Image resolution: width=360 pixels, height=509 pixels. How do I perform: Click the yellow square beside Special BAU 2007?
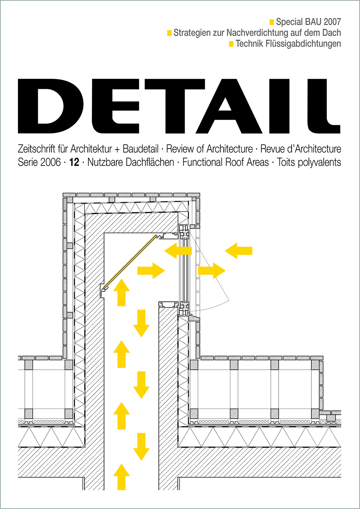(271, 22)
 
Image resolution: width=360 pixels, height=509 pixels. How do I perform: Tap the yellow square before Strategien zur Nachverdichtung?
(169, 33)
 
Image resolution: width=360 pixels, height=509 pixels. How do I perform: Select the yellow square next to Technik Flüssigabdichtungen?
(231, 44)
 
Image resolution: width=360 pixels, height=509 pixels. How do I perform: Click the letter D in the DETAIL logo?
(51, 106)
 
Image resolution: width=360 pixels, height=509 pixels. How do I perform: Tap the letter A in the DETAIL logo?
(229, 106)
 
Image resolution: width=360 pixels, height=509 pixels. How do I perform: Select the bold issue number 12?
(74, 162)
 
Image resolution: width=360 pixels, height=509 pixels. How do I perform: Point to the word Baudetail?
(140, 149)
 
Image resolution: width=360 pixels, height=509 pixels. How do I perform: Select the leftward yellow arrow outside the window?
(239, 251)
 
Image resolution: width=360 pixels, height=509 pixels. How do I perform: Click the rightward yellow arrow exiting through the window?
(212, 271)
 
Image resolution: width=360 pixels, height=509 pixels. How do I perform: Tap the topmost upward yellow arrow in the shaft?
(121, 292)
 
